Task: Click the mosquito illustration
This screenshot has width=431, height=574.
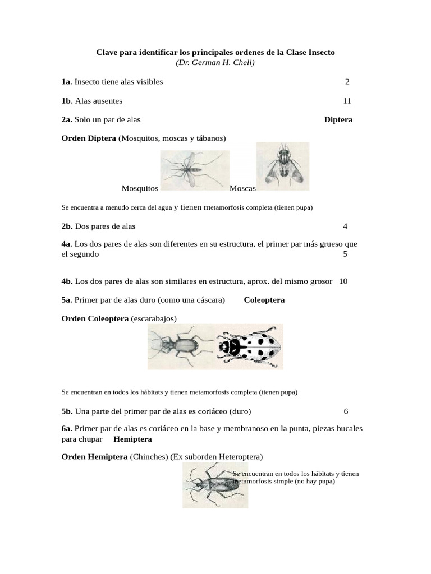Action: [x=194, y=167]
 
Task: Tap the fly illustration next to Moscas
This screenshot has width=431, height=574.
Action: [x=283, y=165]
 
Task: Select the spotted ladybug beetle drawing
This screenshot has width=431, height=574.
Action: [x=249, y=347]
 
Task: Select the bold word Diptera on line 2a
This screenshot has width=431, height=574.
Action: [x=338, y=119]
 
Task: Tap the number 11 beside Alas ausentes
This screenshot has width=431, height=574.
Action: [x=347, y=101]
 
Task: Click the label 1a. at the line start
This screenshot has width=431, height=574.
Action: [x=67, y=82]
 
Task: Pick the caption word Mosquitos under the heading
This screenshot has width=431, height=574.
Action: [x=140, y=189]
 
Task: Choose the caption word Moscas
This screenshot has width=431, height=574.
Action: [x=243, y=189]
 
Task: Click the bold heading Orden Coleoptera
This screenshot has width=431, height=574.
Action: [x=95, y=318]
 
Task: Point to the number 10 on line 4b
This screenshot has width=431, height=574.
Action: [x=343, y=281]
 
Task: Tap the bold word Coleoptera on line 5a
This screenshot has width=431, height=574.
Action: [x=264, y=300]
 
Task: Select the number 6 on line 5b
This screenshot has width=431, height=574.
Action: [x=346, y=411]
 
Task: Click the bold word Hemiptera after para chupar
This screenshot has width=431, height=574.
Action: [x=132, y=439]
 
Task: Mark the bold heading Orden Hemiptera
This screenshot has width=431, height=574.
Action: [x=94, y=456]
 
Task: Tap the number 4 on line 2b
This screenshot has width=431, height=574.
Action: [x=345, y=226]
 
